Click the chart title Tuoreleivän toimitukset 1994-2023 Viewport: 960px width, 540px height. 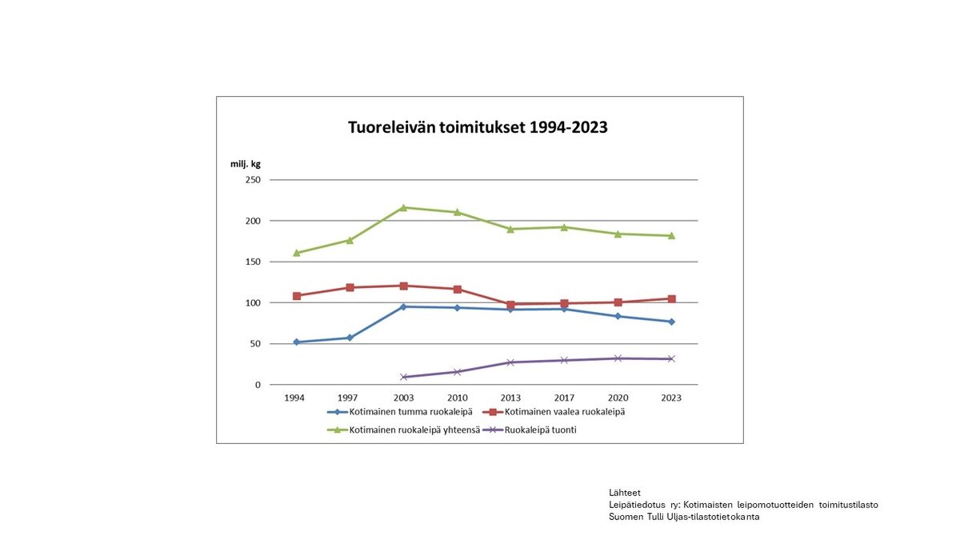478,127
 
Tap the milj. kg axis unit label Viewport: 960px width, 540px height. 246,164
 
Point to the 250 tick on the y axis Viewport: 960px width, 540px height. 253,180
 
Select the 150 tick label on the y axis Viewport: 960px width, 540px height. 253,262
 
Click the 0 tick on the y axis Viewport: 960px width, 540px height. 258,385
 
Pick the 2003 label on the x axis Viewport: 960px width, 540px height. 403,398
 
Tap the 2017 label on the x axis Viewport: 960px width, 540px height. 564,398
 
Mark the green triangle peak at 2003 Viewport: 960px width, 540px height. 403,207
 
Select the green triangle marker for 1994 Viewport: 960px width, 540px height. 296,253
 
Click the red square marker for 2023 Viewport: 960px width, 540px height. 671,299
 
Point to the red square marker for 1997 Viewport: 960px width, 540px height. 350,287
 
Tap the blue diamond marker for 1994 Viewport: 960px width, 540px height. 296,342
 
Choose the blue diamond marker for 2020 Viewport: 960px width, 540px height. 618,316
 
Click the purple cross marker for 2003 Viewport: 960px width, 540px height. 403,377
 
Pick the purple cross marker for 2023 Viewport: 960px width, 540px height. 671,359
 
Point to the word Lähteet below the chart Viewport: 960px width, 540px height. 625,493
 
